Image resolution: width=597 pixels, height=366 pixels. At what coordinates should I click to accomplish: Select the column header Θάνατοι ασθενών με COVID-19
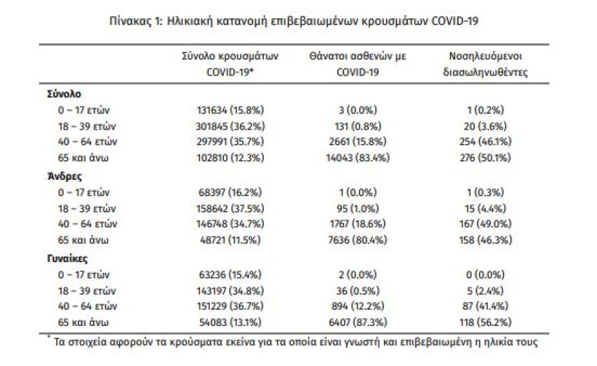click(357, 63)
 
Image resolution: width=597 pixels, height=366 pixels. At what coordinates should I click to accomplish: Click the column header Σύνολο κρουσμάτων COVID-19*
click(230, 63)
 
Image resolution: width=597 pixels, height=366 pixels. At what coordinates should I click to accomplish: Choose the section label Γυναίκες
click(66, 258)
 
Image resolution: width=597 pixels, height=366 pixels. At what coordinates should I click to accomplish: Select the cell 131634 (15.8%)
click(230, 109)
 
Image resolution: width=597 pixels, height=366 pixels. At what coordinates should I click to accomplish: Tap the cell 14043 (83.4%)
click(357, 158)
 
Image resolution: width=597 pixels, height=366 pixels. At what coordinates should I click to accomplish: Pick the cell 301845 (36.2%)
click(230, 126)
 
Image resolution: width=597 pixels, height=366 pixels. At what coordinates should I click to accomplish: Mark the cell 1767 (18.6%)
click(357, 224)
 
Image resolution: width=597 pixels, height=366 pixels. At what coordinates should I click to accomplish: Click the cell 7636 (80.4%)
click(357, 240)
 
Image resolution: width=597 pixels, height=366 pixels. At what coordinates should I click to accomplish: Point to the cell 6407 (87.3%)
click(357, 323)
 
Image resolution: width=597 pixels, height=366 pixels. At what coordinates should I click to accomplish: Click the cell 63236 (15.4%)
click(230, 274)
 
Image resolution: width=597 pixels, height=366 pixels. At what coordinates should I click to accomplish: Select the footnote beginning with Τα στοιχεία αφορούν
click(292, 342)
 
